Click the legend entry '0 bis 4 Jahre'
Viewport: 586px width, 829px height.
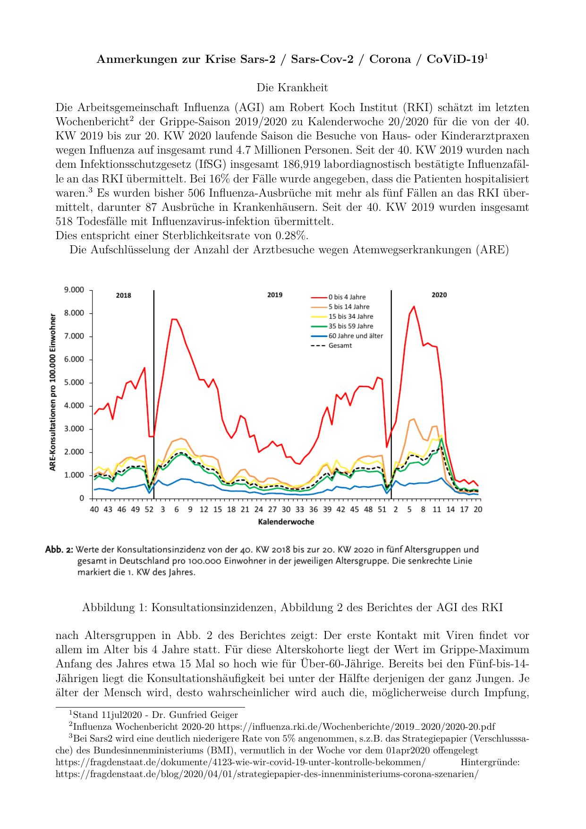point(347,297)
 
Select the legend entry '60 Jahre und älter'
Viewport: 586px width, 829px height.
point(356,336)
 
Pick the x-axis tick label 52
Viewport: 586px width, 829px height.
point(149,509)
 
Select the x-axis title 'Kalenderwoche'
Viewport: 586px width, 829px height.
point(286,522)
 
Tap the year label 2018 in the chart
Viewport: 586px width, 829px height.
point(124,295)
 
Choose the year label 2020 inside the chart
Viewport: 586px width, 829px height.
point(439,295)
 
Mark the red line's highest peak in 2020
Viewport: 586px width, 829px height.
point(414,306)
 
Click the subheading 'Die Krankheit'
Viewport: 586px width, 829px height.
point(292,88)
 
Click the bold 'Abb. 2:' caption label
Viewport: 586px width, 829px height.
point(59,550)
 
